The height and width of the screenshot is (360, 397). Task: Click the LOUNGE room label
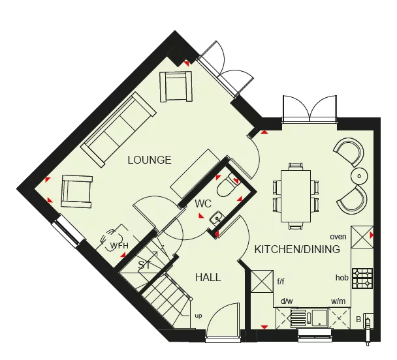[150, 160]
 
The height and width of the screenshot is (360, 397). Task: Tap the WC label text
[203, 204]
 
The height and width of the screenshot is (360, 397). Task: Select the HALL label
[208, 278]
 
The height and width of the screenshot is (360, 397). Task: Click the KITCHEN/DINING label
[297, 250]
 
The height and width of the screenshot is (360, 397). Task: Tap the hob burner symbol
[362, 278]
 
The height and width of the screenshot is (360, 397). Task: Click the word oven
[338, 237]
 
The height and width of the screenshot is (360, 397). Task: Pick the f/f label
[281, 282]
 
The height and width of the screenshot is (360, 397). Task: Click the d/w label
[286, 301]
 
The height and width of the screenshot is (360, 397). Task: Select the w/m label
[338, 301]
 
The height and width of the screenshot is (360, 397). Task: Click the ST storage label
[144, 265]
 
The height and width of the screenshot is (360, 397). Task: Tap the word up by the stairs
[198, 316]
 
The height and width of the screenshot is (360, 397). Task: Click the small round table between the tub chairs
[360, 176]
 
